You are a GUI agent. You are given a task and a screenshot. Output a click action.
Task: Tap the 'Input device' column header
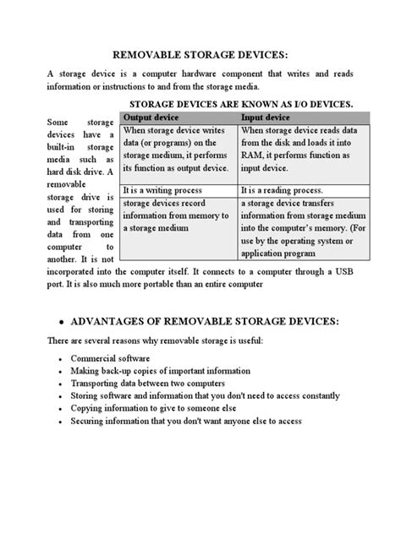point(265,117)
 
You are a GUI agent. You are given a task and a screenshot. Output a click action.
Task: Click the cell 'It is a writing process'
point(170,192)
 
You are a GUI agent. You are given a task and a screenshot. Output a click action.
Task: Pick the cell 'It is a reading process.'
point(285,192)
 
